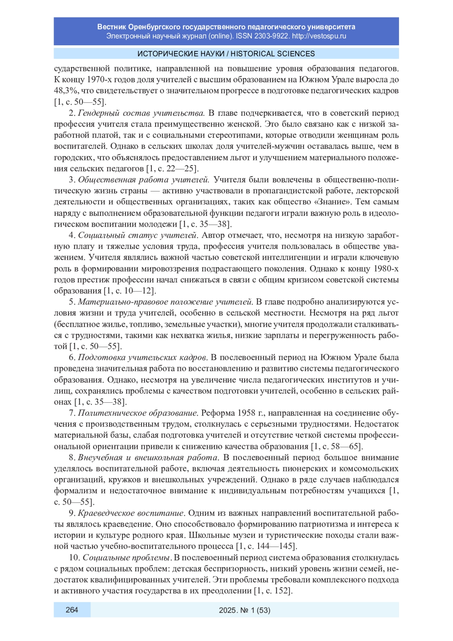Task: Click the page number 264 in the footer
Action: click(72, 610)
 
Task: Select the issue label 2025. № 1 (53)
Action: click(245, 610)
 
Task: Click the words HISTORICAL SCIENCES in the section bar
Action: click(273, 54)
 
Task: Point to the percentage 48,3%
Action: click(66, 91)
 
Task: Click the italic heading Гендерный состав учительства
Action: click(141, 113)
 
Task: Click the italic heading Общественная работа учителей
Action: click(143, 179)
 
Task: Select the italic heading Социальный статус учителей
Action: click(138, 235)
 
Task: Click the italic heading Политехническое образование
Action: click(138, 413)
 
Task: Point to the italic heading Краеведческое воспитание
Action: click(131, 513)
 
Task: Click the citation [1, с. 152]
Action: click(273, 591)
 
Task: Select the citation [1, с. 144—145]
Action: click(267, 546)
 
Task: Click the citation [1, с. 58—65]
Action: click(337, 446)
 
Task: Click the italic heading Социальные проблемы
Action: click(126, 558)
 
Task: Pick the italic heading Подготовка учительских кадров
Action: click(143, 357)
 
